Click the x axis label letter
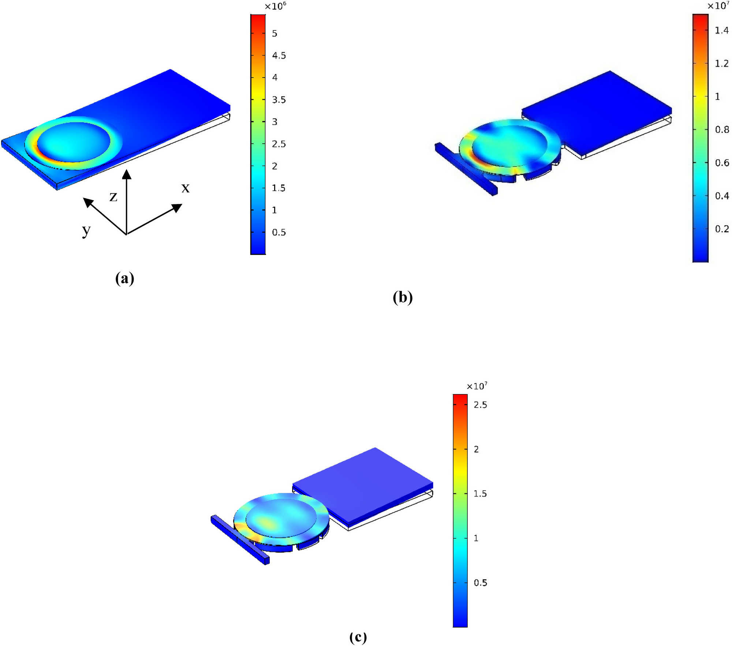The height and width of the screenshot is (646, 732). pos(186,188)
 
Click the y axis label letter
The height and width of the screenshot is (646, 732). pos(86,230)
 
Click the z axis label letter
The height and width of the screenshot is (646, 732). pos(113,197)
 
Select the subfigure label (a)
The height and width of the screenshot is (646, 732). pos(124,278)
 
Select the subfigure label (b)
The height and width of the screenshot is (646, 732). pos(403,297)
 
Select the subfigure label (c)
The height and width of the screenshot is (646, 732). pos(358,637)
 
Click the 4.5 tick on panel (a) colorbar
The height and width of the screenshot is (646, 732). pos(279,56)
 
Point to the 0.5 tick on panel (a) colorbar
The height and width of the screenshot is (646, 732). pos(279,233)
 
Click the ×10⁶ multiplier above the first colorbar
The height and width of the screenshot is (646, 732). pos(275,6)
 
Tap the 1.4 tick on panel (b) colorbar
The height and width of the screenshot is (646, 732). pos(722,30)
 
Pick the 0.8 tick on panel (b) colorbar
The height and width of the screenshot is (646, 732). pos(722,130)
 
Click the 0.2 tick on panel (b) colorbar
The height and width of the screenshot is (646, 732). pos(722,229)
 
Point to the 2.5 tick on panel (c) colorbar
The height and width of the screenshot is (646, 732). pos(480,405)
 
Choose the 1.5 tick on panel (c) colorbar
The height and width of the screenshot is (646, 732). pos(480,494)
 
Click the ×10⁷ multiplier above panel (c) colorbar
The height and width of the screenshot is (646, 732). pos(477,386)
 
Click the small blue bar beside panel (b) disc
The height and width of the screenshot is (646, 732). pos(466,168)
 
